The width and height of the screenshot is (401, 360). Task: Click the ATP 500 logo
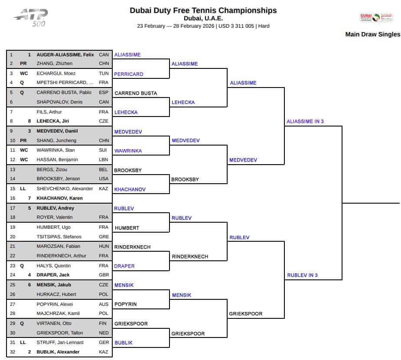31,18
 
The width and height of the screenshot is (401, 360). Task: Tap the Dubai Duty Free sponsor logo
376,17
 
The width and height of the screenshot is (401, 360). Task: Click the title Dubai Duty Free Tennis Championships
203,10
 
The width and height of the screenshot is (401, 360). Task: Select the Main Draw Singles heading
373,34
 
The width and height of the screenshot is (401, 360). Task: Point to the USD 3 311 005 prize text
236,26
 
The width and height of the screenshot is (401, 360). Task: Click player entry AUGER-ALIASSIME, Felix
65,55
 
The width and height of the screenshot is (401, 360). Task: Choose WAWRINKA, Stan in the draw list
56,150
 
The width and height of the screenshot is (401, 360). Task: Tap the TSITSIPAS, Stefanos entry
59,237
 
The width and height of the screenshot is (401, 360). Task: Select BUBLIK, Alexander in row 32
58,352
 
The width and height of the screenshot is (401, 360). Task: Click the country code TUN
104,73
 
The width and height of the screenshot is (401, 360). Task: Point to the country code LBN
103,159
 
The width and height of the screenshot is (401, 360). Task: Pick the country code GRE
104,237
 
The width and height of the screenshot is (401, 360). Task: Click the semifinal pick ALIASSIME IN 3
305,121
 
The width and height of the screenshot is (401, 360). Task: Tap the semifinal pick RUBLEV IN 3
302,275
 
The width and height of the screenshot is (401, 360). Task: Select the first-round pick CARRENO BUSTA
136,93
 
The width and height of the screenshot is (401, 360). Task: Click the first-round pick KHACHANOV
130,189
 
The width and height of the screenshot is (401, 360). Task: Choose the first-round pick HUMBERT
127,228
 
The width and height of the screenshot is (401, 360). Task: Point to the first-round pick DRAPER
124,266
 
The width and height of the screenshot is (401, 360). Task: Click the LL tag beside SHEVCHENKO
23,188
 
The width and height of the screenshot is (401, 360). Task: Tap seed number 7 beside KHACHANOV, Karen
29,198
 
